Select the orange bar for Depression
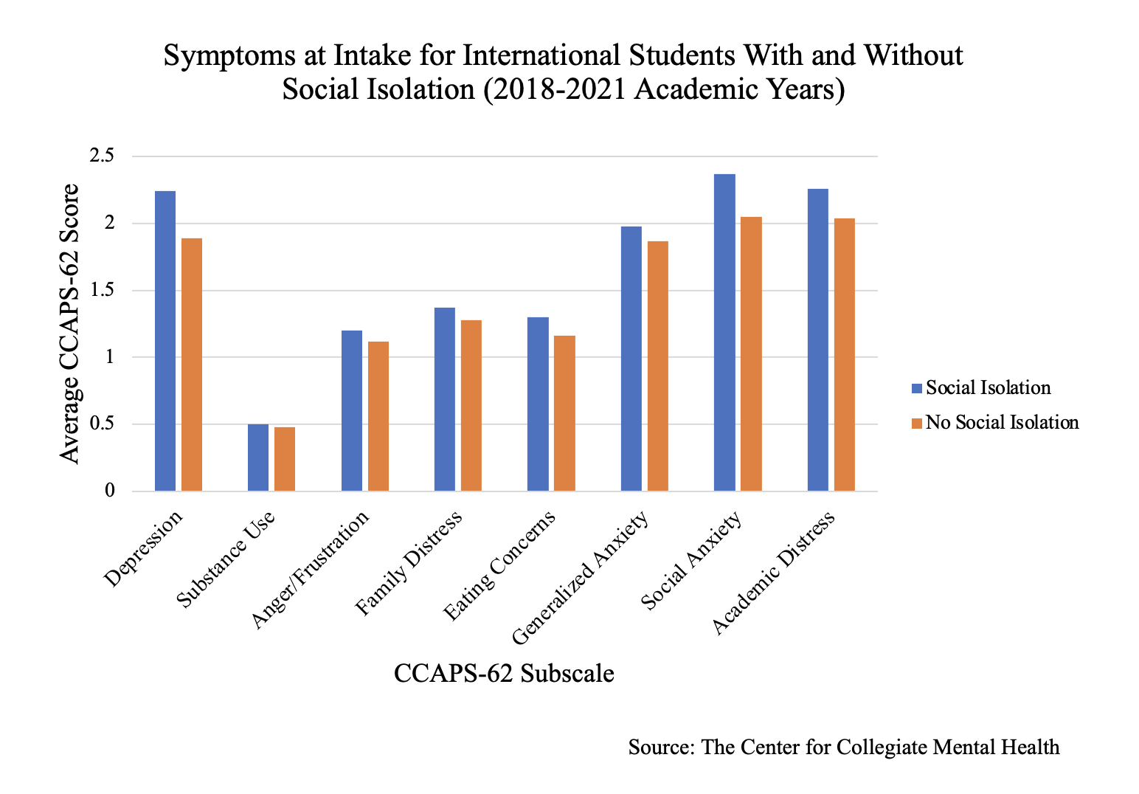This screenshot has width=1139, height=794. pos(192,365)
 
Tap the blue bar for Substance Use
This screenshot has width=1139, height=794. pos(258,458)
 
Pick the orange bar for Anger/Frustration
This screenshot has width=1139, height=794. pos(378,416)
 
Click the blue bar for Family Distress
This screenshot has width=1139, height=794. pos(445,399)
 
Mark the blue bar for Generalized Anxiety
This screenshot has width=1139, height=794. pos(631,359)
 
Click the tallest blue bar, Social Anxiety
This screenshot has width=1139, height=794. pos(724,333)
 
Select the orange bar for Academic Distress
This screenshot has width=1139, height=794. pos(845,355)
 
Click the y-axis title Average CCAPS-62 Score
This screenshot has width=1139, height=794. pos(69,323)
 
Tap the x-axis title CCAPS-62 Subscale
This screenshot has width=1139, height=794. pos(504,674)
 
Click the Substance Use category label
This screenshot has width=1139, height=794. pos(227,558)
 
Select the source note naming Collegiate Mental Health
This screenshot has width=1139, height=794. pos(843,747)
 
